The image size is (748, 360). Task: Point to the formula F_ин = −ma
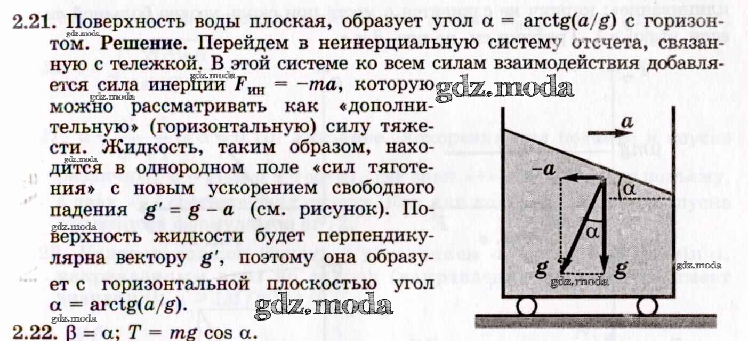[x=289, y=86]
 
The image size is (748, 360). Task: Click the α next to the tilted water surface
[x=629, y=189]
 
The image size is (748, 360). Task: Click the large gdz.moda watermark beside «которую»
[x=504, y=88]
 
